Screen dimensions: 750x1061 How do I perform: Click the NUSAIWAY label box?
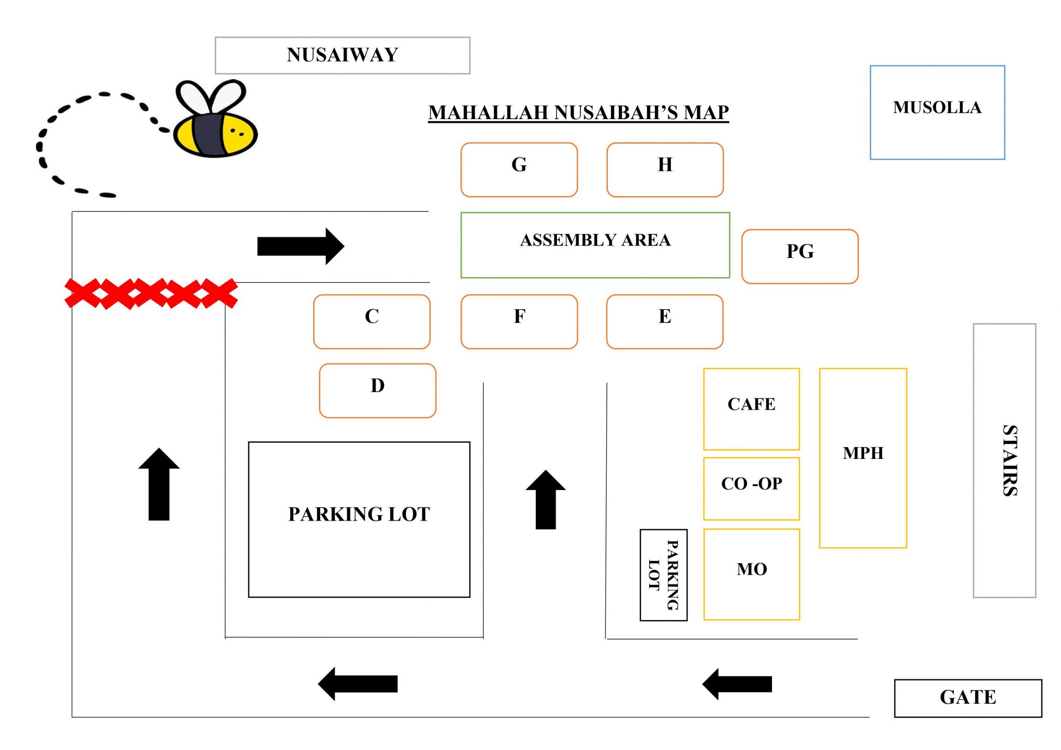point(342,55)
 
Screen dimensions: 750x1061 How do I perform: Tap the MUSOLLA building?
point(937,112)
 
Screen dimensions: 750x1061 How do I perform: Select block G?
point(519,170)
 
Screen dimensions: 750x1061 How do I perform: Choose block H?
point(665,170)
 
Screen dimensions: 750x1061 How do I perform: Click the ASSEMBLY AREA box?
point(595,245)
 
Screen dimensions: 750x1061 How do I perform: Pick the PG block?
point(799,256)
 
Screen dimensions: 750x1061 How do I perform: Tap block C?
point(371,322)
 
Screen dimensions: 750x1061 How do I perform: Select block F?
point(519,322)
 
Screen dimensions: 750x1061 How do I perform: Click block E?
point(664,322)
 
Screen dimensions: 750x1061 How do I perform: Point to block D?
point(377,391)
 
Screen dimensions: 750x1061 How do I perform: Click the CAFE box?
point(751,409)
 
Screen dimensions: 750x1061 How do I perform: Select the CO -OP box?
point(751,488)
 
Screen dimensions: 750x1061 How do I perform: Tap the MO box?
point(751,574)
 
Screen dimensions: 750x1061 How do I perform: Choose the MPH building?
point(863,458)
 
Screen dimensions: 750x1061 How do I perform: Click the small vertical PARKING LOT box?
point(663,574)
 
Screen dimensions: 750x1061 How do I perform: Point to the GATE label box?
point(967,698)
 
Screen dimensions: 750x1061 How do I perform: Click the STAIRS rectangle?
point(1004,460)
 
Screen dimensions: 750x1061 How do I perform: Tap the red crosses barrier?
point(151,294)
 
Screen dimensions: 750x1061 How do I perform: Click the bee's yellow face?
point(239,135)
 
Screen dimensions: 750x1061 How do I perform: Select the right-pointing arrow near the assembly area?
point(300,246)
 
